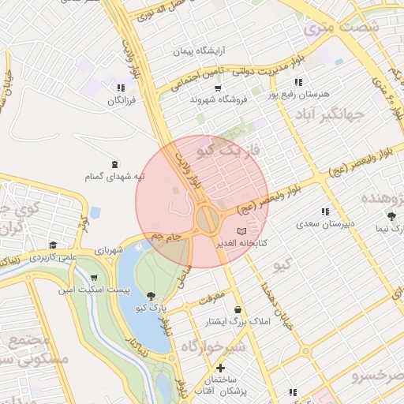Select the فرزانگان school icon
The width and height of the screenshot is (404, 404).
point(120,88)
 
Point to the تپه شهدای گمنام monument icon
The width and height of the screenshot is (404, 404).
point(116,164)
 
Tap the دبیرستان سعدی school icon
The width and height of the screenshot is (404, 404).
point(325,211)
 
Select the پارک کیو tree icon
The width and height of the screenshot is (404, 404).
point(151,295)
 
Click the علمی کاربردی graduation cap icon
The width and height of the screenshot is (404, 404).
point(52,245)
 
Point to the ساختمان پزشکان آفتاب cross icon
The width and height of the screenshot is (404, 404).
point(220,368)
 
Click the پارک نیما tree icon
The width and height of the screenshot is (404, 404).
point(391,215)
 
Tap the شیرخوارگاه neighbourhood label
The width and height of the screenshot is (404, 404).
point(213,346)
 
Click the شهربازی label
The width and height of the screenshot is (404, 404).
point(109,250)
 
